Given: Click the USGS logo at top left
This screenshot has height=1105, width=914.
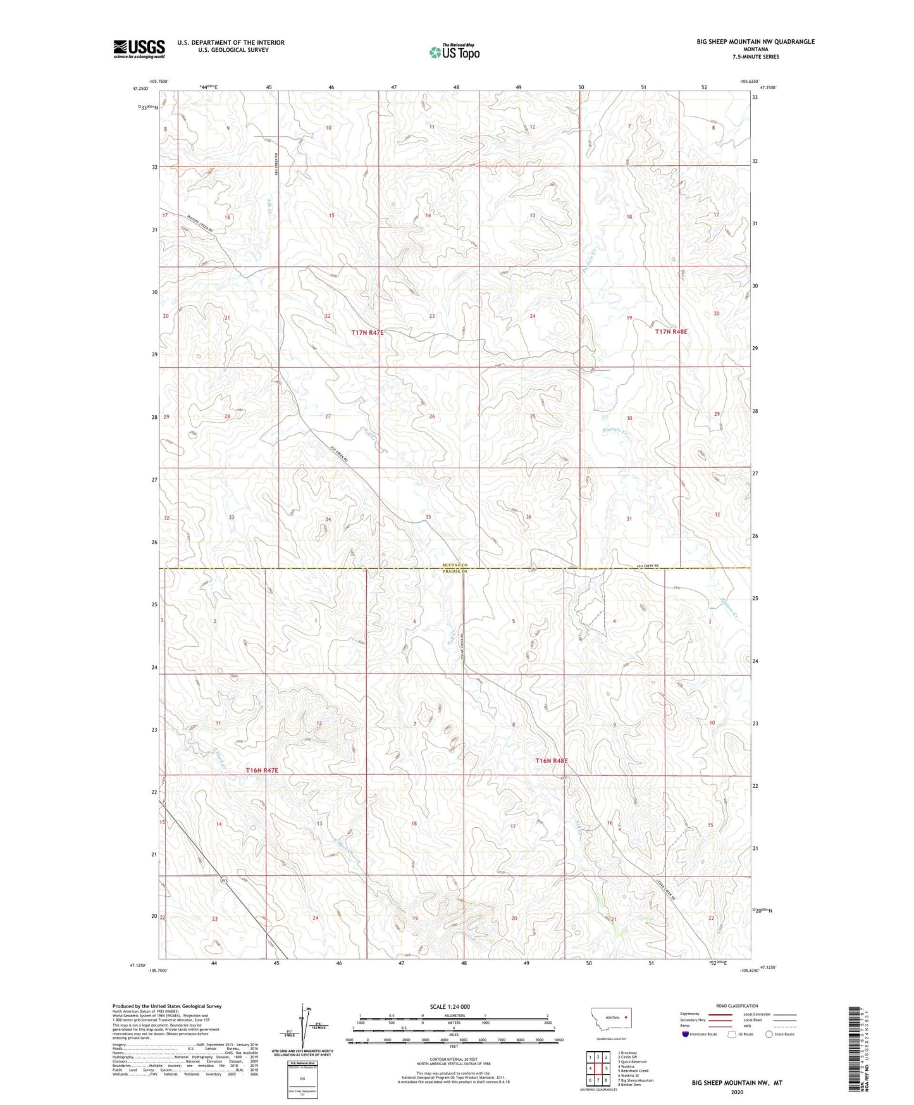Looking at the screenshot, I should [139, 49].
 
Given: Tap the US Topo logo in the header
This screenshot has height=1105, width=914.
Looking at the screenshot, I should [454, 52].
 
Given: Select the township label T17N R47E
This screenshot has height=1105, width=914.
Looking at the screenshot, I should [367, 332].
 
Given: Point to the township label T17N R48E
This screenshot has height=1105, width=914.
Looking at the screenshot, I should [670, 332].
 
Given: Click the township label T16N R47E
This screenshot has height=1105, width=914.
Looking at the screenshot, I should [261, 770].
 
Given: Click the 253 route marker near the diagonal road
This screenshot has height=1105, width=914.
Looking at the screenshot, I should [224, 881].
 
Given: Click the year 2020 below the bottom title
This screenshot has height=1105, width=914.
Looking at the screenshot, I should [737, 1092].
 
